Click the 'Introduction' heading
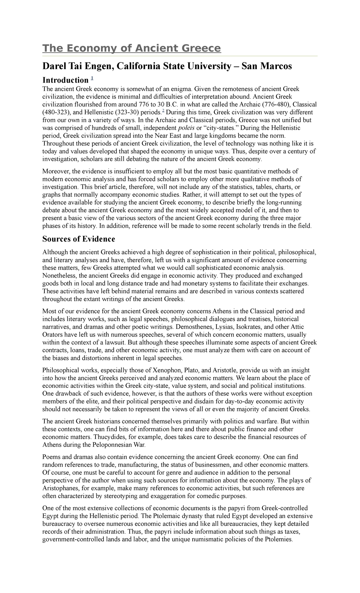click(x=65, y=80)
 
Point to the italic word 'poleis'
click(x=186, y=128)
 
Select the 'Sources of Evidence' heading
click(x=79, y=239)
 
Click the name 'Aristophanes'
click(x=61, y=488)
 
